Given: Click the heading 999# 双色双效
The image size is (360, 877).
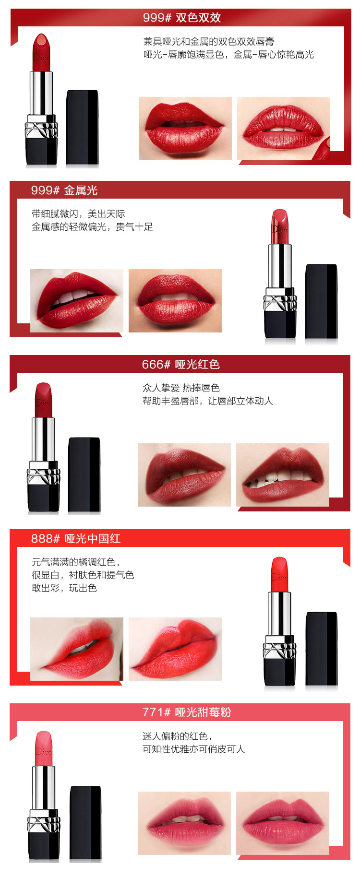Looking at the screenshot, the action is tap(182, 18).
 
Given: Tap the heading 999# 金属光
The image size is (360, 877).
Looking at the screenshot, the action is tap(64, 190).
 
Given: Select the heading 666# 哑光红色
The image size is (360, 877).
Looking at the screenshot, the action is tap(181, 365).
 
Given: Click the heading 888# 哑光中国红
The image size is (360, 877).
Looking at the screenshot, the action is tap(76, 539).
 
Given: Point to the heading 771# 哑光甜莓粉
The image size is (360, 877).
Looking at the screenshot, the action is tap(187, 712).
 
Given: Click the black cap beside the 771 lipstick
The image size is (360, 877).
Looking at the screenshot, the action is tap(86, 822).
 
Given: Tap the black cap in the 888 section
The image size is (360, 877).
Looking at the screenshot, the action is tap(322, 649).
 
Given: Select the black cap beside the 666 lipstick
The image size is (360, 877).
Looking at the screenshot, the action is tap(84, 474).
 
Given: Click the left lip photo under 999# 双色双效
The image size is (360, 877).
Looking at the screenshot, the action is tap(185, 129).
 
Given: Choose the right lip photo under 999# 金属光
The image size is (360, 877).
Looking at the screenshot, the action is tap(175, 301).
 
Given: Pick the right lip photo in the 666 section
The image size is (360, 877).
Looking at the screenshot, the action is tap(283, 475).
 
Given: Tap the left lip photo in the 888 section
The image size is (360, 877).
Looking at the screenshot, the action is tap(77, 649).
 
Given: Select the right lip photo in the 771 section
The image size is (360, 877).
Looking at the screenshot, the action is tap(283, 823).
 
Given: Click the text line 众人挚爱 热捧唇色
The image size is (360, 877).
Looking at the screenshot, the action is tap(181, 388).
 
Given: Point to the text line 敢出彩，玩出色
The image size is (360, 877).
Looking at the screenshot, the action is tap(64, 588).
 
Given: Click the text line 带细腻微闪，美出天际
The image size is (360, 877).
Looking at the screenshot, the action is tap(78, 213).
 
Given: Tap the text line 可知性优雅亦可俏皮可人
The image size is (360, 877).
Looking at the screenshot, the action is tap(194, 749).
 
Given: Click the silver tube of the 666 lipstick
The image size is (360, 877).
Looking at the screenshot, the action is tap(43, 439).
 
